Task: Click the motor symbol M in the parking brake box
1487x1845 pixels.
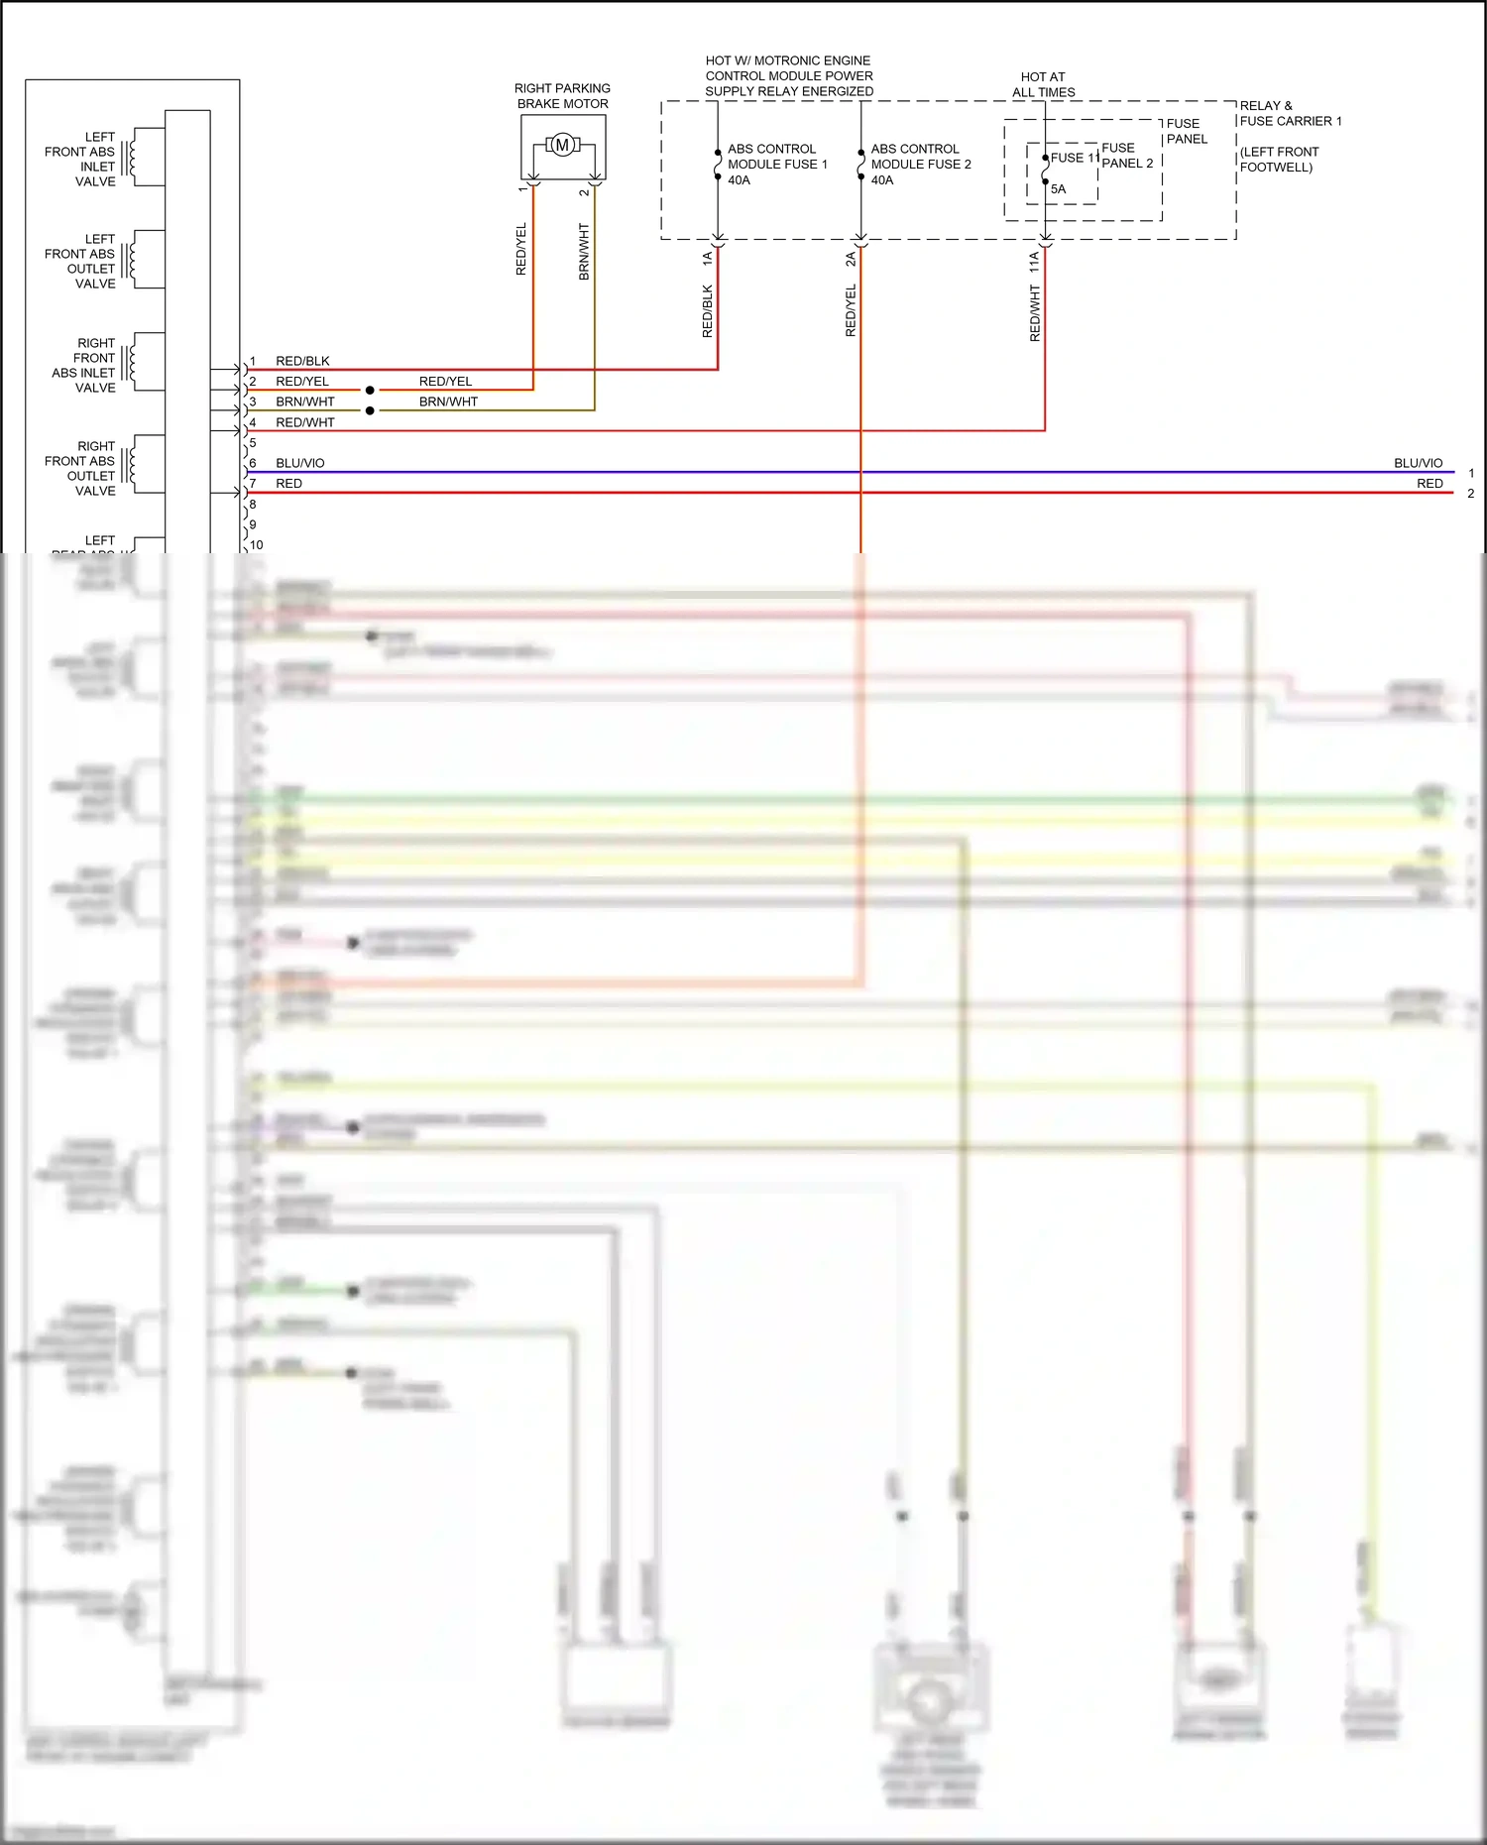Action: [562, 146]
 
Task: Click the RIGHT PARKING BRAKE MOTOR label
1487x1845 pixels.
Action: [562, 96]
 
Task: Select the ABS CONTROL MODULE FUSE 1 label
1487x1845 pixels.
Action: [777, 164]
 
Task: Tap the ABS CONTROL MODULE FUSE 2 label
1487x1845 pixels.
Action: [920, 164]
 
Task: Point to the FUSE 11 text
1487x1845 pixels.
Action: [1074, 158]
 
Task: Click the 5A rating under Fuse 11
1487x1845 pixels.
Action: [1058, 189]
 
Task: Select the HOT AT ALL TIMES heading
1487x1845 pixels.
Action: [1043, 84]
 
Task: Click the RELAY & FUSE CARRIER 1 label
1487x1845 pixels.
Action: [1290, 113]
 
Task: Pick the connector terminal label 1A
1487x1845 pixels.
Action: [707, 258]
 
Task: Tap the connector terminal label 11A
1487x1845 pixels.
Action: [1034, 262]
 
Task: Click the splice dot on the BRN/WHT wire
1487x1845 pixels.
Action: [370, 410]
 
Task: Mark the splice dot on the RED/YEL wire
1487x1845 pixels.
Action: [370, 391]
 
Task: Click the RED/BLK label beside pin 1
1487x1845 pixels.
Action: [302, 361]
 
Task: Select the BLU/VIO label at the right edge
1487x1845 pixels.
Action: [1418, 463]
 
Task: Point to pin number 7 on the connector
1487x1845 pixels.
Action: [253, 484]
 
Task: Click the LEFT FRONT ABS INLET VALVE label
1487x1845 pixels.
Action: [80, 159]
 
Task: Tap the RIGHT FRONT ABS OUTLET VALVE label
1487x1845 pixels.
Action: [80, 468]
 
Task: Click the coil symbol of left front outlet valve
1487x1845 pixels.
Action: [132, 260]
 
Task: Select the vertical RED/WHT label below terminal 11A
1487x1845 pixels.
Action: [1035, 313]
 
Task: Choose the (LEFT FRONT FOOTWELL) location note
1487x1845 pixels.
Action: [1278, 160]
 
